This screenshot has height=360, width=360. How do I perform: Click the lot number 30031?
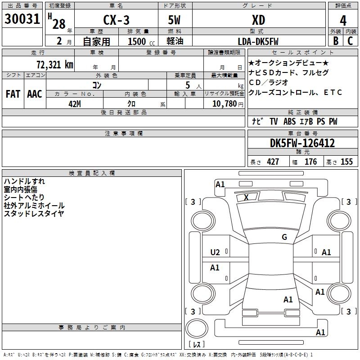pos(22,19)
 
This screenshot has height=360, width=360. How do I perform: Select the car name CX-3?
pos(116,20)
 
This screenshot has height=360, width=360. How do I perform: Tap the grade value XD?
pos(258,20)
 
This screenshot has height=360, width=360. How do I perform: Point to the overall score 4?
pos(343,20)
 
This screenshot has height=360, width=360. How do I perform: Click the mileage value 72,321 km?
pos(55,64)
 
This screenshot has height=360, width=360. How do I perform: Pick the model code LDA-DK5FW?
pos(258,41)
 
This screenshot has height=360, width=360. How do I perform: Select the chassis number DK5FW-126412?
pos(302,143)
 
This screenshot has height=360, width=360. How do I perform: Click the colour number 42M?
pos(75,104)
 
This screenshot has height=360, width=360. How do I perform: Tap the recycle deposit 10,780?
pos(225,104)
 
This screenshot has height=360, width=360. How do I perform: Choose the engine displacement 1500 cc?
pos(141,41)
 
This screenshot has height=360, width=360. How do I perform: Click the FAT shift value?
pos(13,94)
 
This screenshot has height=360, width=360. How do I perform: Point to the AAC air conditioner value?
pos(35,94)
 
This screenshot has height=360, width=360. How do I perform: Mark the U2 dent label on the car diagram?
pos(215,252)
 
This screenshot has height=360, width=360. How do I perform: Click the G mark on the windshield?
pos(284,237)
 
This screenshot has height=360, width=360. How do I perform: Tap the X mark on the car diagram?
pos(246,197)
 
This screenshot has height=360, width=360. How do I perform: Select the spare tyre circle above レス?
pos(197,328)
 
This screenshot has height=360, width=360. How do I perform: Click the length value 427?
pos(273,162)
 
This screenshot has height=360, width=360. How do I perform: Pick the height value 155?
pos(346,162)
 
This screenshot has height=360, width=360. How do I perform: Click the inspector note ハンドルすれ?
pos(24,181)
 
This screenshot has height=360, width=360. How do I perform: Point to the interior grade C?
pos(350,41)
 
